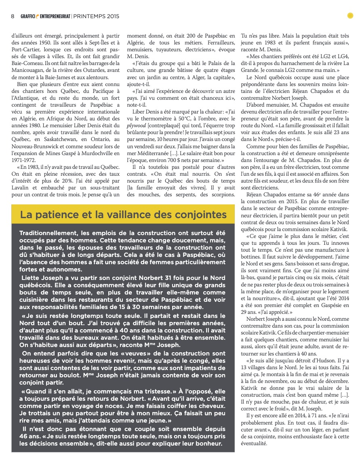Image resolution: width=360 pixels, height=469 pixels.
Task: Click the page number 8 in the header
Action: [13, 16]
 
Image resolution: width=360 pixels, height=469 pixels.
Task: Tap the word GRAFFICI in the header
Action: [29, 16]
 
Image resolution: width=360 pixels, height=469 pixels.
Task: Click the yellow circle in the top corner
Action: [350, 16]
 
